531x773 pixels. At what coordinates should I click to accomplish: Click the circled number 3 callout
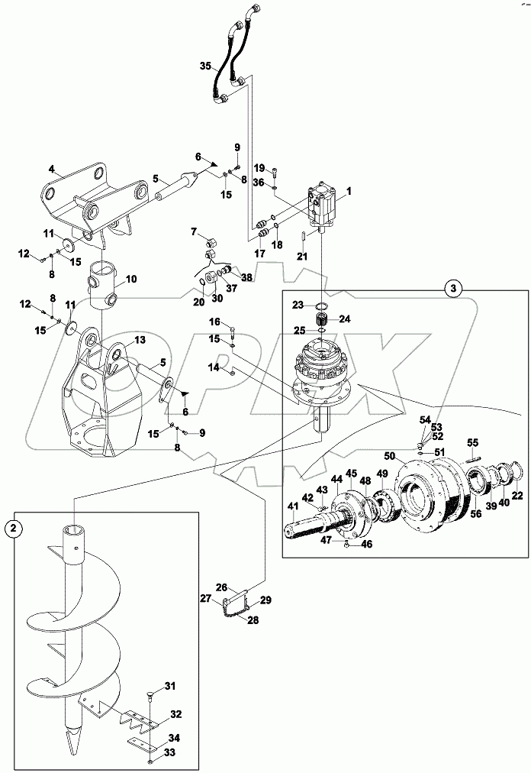pyautogui.click(x=453, y=289)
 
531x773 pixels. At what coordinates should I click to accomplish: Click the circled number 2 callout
pyautogui.click(x=13, y=527)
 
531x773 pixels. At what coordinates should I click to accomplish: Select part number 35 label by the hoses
pyautogui.click(x=206, y=67)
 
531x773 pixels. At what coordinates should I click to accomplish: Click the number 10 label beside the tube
pyautogui.click(x=132, y=280)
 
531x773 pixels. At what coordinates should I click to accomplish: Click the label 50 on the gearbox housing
pyautogui.click(x=389, y=456)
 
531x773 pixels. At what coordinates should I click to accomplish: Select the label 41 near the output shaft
pyautogui.click(x=294, y=506)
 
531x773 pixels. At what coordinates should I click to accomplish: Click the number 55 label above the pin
pyautogui.click(x=472, y=442)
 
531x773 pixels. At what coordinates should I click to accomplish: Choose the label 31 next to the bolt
pyautogui.click(x=170, y=685)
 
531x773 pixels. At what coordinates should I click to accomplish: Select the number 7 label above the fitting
pyautogui.click(x=194, y=231)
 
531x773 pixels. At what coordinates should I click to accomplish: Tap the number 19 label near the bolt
pyautogui.click(x=259, y=168)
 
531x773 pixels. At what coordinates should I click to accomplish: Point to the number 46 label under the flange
pyautogui.click(x=367, y=545)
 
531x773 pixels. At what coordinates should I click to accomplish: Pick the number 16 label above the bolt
pyautogui.click(x=215, y=322)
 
